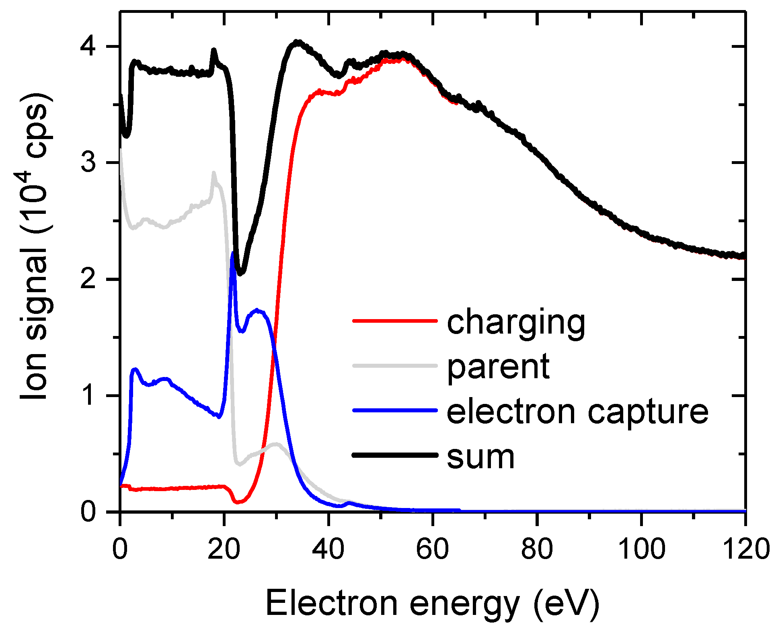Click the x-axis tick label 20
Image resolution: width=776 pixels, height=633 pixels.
click(224, 549)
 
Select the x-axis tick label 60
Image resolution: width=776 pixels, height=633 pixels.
click(433, 549)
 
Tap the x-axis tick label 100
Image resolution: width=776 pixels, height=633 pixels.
click(641, 549)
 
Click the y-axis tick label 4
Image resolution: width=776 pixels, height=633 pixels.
click(88, 47)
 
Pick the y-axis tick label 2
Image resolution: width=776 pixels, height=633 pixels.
click(88, 279)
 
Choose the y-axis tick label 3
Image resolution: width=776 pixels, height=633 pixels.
click(88, 163)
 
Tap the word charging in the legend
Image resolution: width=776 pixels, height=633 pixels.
click(516, 322)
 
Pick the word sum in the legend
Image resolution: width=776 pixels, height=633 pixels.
click(480, 457)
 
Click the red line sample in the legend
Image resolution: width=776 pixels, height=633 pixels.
click(395, 321)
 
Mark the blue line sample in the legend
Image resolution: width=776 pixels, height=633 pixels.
click(395, 410)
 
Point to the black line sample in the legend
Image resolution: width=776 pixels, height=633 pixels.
click(395, 455)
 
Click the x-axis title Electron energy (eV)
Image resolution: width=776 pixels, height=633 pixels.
click(433, 604)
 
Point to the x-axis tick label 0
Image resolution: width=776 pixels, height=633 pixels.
click(120, 549)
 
